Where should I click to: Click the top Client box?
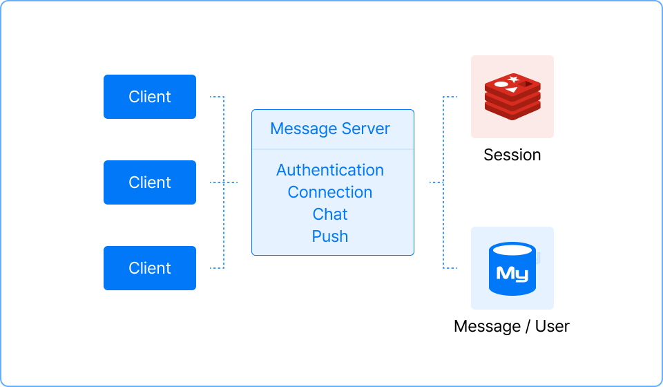coord(150,97)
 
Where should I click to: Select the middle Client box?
coord(150,182)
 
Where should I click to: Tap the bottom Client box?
coord(150,268)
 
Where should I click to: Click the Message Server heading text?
coord(330,129)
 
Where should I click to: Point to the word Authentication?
coord(330,170)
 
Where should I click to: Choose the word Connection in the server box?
coord(330,192)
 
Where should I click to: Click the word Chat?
coord(330,214)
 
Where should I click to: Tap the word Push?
coord(330,236)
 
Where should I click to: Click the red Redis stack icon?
coord(512,97)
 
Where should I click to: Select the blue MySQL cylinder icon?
coord(512,269)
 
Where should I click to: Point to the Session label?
coord(512,155)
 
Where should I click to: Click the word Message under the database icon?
coord(487,326)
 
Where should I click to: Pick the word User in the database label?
coord(552,326)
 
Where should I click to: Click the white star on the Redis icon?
coord(514,79)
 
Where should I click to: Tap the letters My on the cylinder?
coord(512,274)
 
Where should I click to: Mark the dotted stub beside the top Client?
coord(216,97)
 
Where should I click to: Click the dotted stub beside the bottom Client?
coord(216,268)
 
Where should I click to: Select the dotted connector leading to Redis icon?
coord(443,140)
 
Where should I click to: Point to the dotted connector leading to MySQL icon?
coord(443,225)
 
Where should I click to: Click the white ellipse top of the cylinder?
coord(512,250)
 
